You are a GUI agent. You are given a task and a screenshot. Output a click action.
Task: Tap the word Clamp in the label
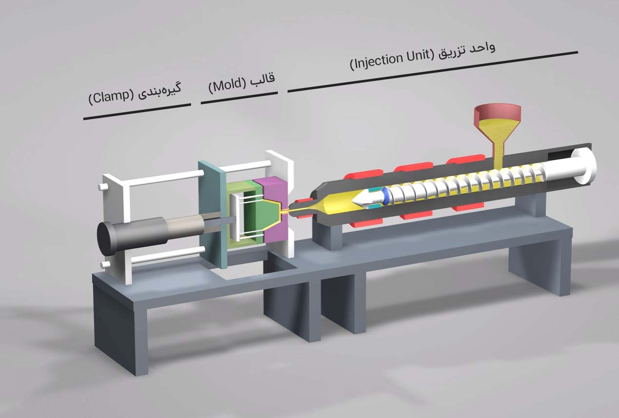click(112, 97)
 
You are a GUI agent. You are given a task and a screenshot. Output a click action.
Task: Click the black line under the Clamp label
click(137, 112)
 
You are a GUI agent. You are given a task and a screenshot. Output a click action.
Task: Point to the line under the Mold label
click(239, 98)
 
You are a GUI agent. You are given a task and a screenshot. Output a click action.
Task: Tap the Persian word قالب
click(265, 78)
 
